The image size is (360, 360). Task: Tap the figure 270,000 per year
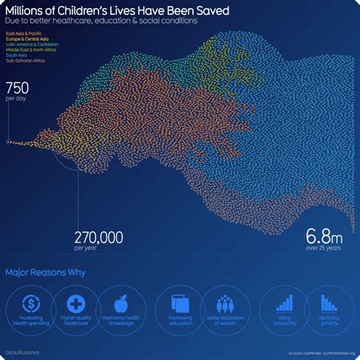tap(99, 237)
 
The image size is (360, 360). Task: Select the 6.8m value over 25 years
tap(323, 234)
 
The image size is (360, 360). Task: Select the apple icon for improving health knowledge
tap(122, 301)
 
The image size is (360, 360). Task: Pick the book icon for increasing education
tap(179, 301)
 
